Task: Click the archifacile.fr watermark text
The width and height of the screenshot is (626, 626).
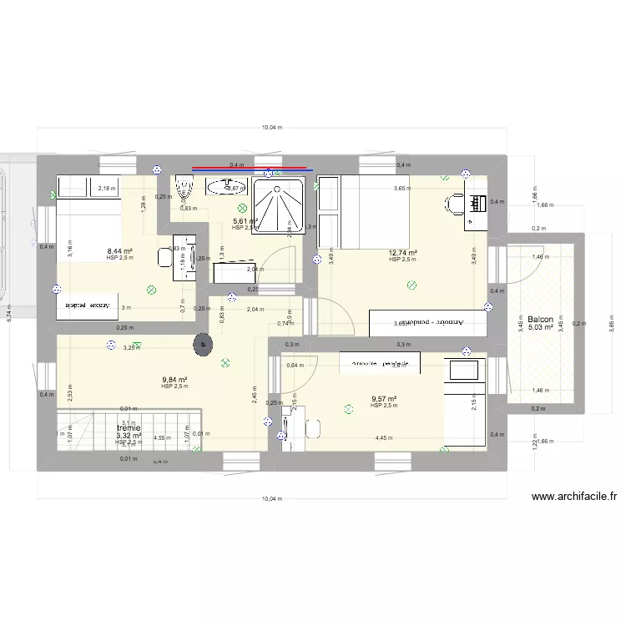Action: pyautogui.click(x=573, y=497)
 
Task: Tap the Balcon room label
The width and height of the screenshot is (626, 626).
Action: pyautogui.click(x=540, y=320)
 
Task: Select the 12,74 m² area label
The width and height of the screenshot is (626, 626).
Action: pyautogui.click(x=402, y=253)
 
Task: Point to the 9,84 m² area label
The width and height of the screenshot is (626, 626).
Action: pyautogui.click(x=174, y=380)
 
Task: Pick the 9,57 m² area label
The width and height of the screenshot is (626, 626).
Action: pyautogui.click(x=383, y=399)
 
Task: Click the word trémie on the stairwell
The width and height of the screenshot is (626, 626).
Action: pyautogui.click(x=129, y=427)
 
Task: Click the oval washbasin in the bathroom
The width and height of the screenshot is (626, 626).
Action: pyautogui.click(x=223, y=187)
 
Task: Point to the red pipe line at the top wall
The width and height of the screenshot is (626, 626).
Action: pyautogui.click(x=250, y=169)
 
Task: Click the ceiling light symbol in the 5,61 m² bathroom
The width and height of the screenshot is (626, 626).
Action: pyautogui.click(x=242, y=208)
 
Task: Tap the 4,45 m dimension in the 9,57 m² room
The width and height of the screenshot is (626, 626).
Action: pyautogui.click(x=384, y=437)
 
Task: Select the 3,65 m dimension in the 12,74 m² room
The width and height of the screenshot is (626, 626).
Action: pyautogui.click(x=402, y=189)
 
